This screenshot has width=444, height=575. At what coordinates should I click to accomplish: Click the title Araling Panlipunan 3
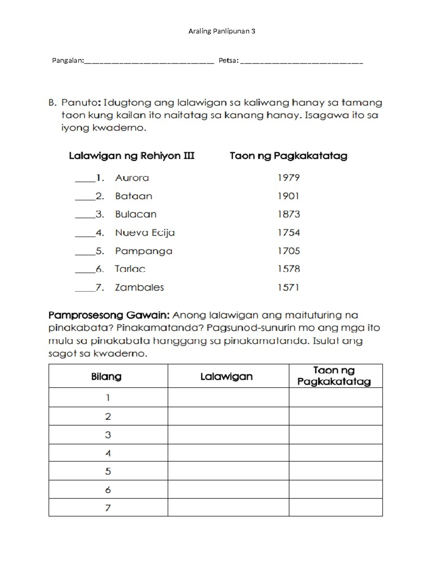coord(222,31)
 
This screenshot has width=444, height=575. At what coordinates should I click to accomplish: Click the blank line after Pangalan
coord(149,62)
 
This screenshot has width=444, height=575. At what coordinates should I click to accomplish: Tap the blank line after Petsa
coord(302,62)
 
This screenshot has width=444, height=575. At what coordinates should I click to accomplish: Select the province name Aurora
coord(132,178)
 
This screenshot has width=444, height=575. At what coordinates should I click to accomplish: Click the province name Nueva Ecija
coord(145,233)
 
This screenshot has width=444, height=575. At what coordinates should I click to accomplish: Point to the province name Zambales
coord(139,287)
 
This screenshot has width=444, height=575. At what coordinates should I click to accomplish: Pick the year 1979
coord(289,178)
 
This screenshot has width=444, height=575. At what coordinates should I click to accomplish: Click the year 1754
coord(289,233)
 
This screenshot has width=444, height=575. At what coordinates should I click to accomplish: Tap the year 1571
coord(288,287)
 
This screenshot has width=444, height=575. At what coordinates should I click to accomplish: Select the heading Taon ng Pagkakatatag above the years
coord(288,156)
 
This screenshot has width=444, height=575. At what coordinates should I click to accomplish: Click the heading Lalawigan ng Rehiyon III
coord(131,156)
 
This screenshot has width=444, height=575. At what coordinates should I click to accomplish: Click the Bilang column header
coord(106,377)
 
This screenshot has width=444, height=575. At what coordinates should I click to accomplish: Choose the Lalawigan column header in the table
coord(226,377)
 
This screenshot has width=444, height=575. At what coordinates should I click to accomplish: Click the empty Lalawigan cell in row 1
coord(228,398)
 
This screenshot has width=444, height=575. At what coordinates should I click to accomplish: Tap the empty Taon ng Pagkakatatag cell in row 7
coord(336,507)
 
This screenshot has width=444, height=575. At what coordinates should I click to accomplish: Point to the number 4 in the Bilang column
coord(108,453)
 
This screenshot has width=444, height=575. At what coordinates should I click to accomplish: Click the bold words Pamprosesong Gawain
coord(109,315)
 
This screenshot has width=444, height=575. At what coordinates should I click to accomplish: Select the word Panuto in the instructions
coord(80,103)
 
